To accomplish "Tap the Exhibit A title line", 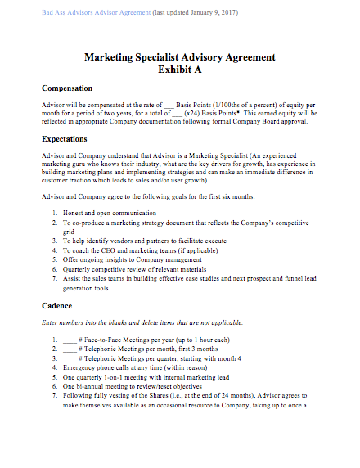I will coord(179,70).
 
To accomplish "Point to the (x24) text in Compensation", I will coord(194,115).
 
